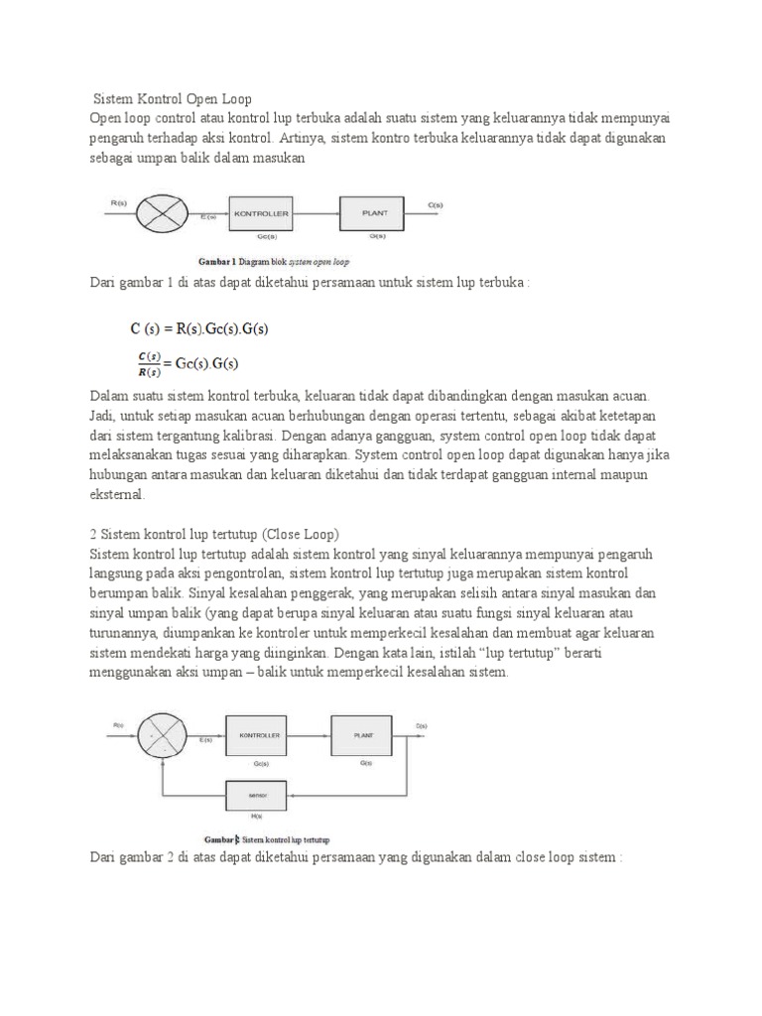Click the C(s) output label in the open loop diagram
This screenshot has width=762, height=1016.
pyautogui.click(x=436, y=205)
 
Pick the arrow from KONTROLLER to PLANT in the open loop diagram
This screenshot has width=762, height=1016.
pyautogui.click(x=315, y=213)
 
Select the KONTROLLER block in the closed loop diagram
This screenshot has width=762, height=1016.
pyautogui.click(x=260, y=736)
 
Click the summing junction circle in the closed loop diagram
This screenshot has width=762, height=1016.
pyautogui.click(x=160, y=736)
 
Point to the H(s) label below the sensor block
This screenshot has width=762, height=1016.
pyautogui.click(x=257, y=817)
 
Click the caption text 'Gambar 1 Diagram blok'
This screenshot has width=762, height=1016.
pyautogui.click(x=246, y=263)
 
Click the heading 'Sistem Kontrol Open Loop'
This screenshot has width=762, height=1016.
pyautogui.click(x=173, y=99)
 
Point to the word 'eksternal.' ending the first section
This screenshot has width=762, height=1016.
pyautogui.click(x=116, y=494)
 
